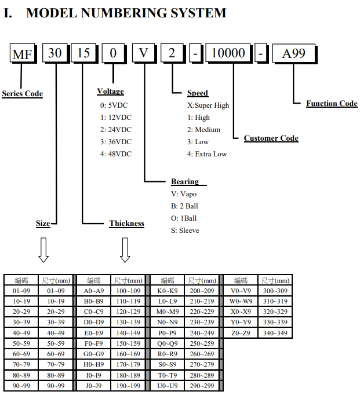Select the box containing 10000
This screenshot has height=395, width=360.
tap(228, 53)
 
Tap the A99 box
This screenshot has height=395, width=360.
tap(294, 54)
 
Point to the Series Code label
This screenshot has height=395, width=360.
tap(23, 93)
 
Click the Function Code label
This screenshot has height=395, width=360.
tap(332, 103)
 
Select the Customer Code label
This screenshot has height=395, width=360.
tap(271, 138)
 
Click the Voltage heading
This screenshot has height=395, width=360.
tap(110, 91)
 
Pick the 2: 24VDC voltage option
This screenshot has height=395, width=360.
tap(116, 130)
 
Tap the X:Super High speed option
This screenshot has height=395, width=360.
tap(208, 105)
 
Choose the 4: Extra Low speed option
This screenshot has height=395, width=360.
tap(207, 154)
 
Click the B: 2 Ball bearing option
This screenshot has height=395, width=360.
tap(184, 206)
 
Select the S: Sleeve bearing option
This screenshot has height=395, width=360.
tap(185, 231)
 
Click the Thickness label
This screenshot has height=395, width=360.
tap(126, 223)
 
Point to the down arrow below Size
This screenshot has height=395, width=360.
tap(43, 250)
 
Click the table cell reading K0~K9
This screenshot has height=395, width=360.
tap(168, 291)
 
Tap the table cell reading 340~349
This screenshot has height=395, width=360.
tap(275, 333)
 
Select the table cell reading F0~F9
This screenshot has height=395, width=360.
tap(93, 343)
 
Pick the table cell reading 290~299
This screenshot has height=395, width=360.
tap(202, 386)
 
